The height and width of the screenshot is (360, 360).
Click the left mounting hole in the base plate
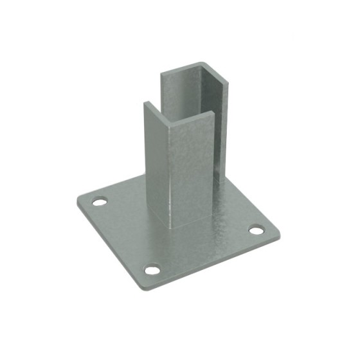coord(98,202)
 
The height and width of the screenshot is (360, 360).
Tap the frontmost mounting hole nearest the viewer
coord(152,270)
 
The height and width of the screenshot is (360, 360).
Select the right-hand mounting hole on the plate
coord(256,230)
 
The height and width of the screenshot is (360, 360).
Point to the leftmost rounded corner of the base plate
coord(77,200)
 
